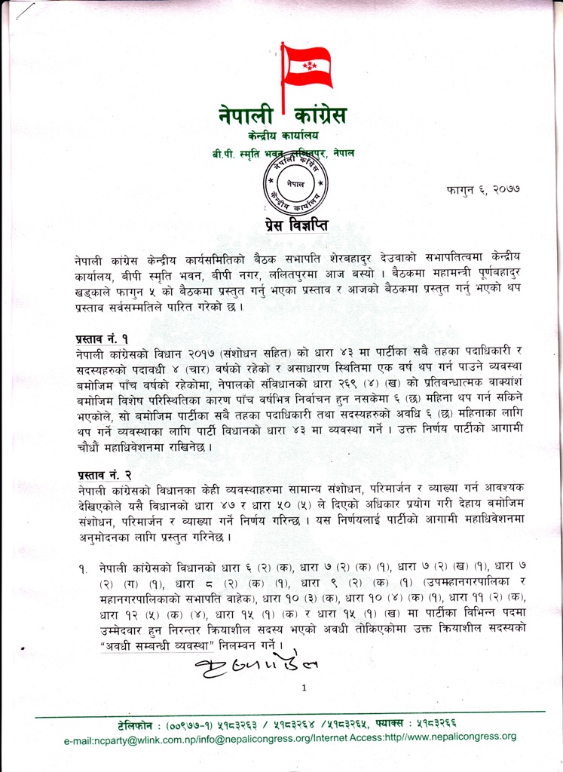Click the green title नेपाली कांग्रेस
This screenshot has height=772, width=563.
[283, 116]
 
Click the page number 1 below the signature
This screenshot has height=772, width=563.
[303, 688]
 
